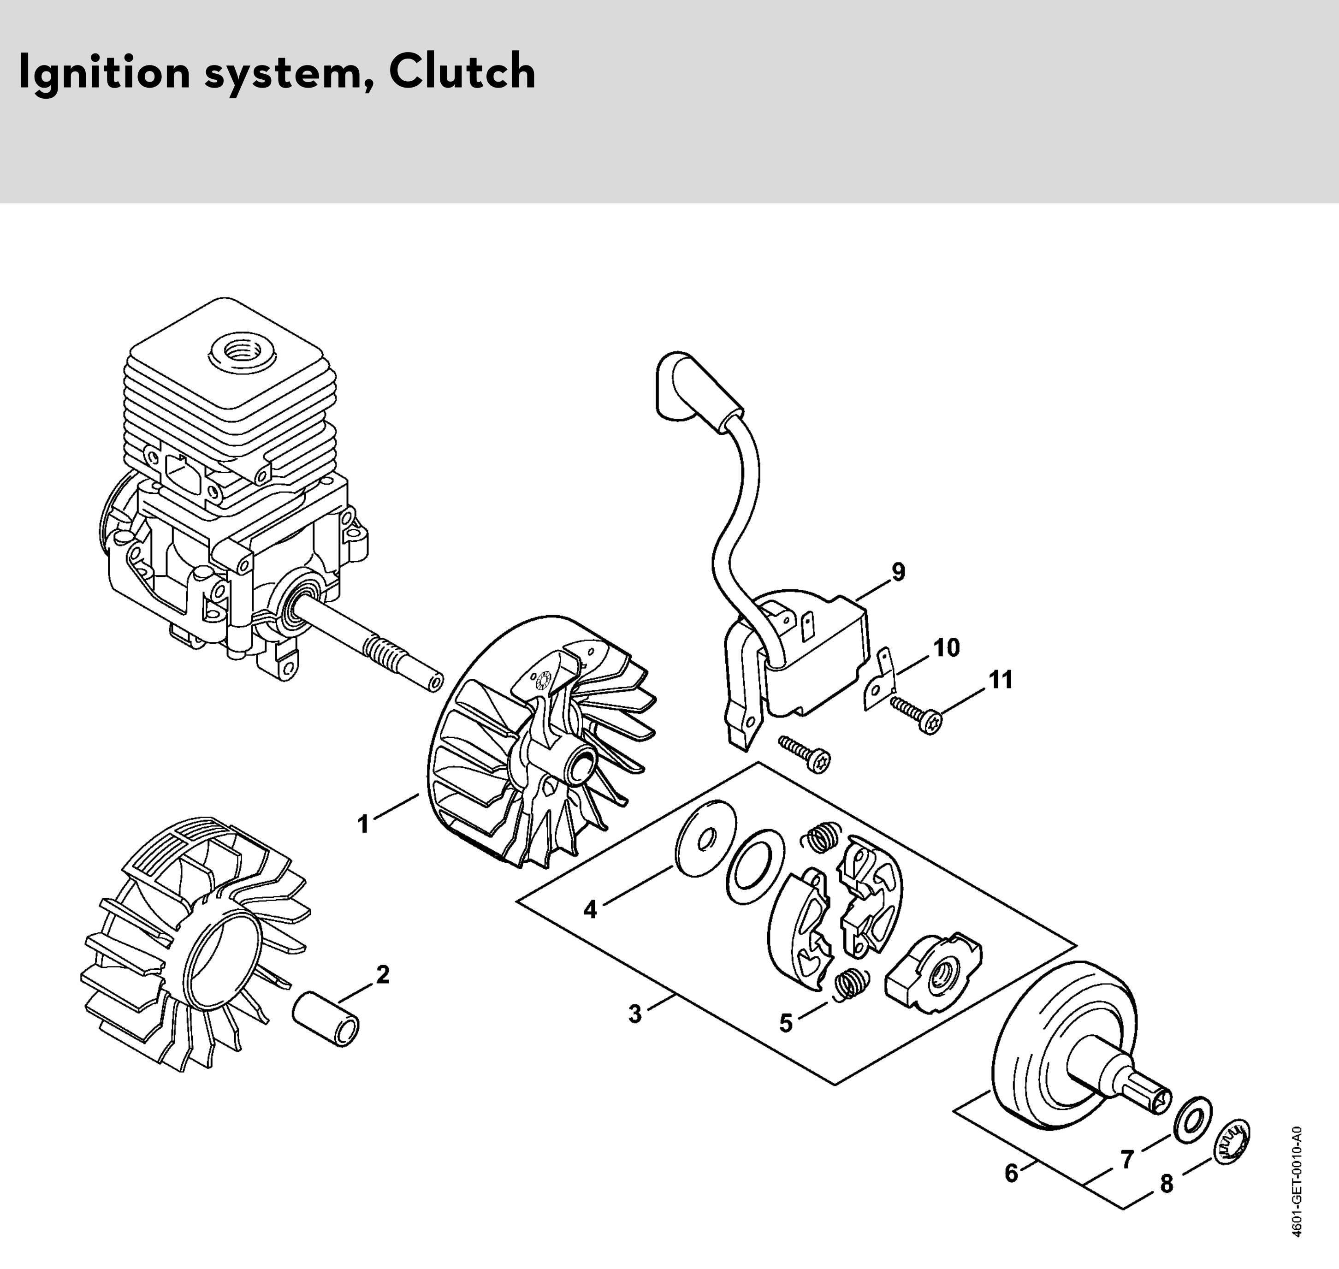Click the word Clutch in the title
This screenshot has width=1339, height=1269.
(x=462, y=71)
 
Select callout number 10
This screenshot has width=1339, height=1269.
(x=947, y=647)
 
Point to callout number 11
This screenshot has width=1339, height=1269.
(x=1001, y=679)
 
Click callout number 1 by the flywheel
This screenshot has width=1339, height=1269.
(x=364, y=824)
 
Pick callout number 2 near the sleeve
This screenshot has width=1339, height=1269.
(x=382, y=975)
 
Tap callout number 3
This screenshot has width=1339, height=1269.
(x=634, y=1014)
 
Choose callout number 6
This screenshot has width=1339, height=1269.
(x=1011, y=1173)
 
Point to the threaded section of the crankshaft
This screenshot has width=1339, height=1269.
(x=387, y=654)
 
